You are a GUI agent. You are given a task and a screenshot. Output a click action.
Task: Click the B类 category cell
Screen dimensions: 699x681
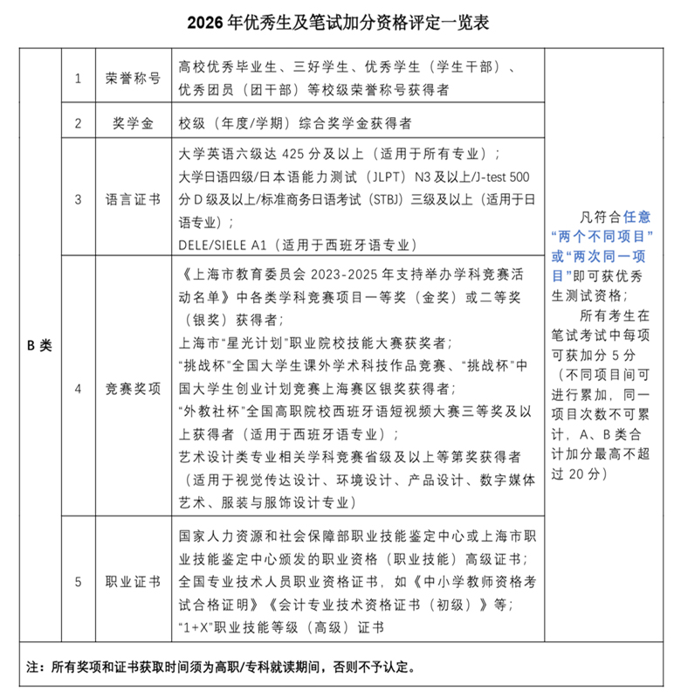pyautogui.click(x=39, y=344)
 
